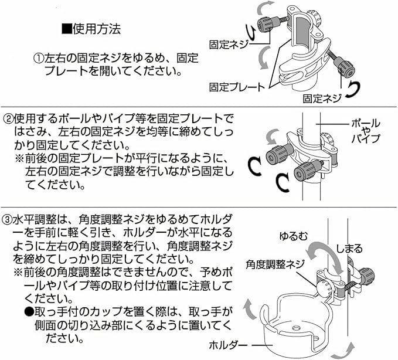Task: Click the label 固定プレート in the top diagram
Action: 237,87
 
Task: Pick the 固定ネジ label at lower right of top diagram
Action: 322,99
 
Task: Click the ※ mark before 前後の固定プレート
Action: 19,159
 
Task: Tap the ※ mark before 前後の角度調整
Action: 19,273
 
